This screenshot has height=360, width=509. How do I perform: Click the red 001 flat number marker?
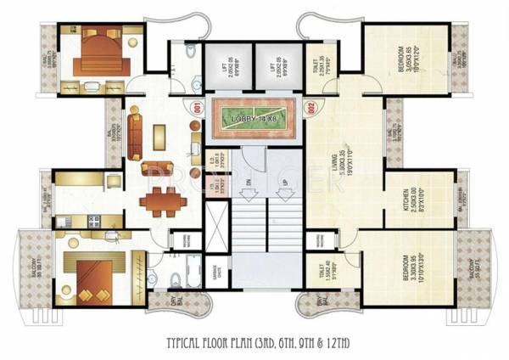197,108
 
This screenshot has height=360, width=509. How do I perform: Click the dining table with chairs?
158,201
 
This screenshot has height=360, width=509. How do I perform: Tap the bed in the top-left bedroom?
99,57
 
